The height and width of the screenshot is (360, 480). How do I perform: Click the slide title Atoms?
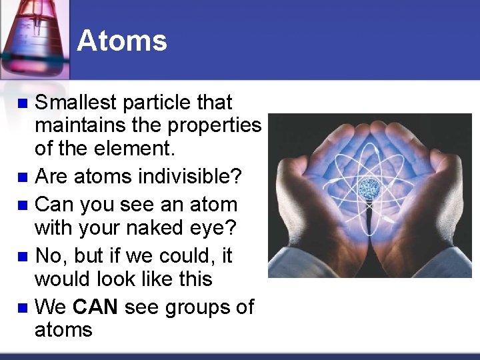tap(122, 41)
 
